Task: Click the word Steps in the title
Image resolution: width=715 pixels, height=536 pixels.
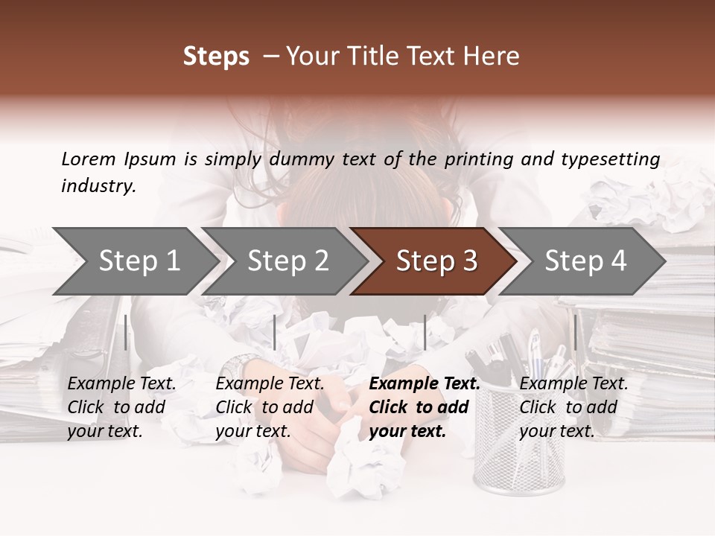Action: [216, 57]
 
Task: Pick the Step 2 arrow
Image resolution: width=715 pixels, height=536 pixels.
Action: [283, 261]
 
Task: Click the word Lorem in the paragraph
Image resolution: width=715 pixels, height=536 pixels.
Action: [89, 159]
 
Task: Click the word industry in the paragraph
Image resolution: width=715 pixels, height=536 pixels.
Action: [98, 186]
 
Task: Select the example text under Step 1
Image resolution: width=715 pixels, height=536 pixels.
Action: [121, 407]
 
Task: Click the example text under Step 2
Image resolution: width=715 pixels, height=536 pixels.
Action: [270, 407]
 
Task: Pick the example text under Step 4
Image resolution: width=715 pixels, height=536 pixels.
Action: [573, 407]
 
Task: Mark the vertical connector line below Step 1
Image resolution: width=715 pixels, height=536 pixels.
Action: [126, 332]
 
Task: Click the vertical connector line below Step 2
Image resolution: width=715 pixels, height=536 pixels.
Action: [275, 332]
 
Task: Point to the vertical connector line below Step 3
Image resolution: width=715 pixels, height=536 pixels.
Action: [425, 332]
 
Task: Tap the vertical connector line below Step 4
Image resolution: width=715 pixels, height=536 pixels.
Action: [575, 332]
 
